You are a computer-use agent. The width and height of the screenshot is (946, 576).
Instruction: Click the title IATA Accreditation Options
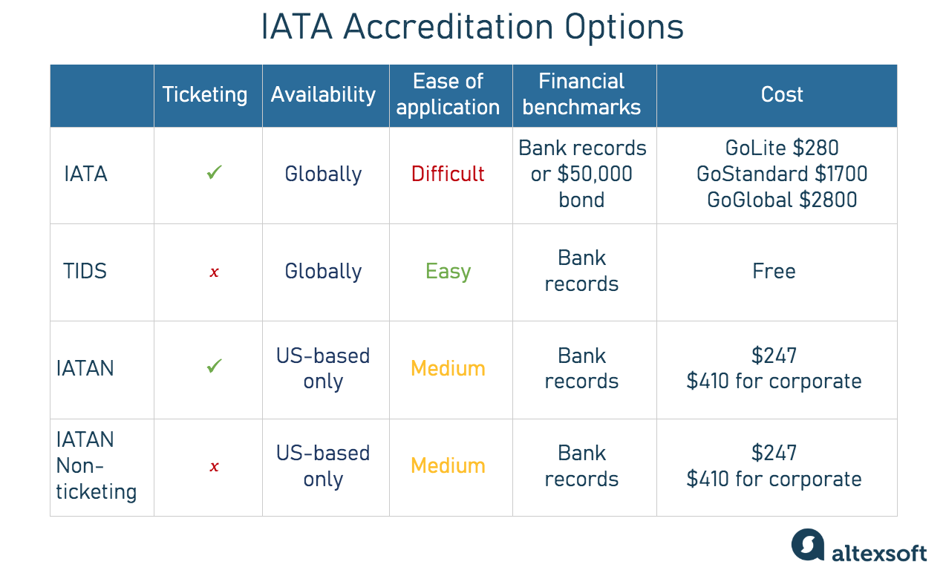(x=472, y=27)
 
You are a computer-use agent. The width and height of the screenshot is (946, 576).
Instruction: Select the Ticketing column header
(x=205, y=95)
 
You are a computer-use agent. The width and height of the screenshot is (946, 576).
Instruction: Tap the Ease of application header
(x=448, y=94)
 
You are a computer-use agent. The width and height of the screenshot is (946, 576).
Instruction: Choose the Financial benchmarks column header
(x=581, y=94)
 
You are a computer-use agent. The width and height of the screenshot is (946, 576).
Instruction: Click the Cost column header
(x=782, y=95)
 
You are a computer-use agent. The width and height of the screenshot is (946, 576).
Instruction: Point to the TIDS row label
(x=85, y=272)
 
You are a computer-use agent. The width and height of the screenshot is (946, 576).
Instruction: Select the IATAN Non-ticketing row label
(x=97, y=466)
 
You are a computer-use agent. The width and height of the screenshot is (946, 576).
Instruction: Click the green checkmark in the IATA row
(x=215, y=174)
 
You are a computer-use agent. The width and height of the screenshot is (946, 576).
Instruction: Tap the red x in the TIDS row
(x=214, y=272)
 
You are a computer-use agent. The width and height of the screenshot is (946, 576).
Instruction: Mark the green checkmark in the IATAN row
(x=215, y=366)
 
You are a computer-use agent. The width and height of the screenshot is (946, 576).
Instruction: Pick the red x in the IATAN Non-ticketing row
(x=214, y=467)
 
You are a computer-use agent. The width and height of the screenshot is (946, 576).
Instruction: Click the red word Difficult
(x=448, y=174)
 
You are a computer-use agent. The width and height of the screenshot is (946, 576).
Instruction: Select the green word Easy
(x=448, y=272)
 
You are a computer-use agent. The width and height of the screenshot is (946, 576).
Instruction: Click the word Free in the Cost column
(x=774, y=272)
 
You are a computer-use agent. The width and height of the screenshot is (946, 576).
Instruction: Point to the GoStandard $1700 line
(x=782, y=174)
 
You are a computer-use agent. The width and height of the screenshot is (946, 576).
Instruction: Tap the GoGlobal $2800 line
(x=782, y=200)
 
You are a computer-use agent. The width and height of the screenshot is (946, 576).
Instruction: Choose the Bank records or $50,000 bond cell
(x=581, y=174)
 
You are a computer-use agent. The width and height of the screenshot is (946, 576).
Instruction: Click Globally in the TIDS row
(x=323, y=272)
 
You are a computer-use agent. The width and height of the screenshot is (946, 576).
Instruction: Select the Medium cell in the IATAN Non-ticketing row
(x=448, y=466)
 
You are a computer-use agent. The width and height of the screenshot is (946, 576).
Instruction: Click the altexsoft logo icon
(x=808, y=545)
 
